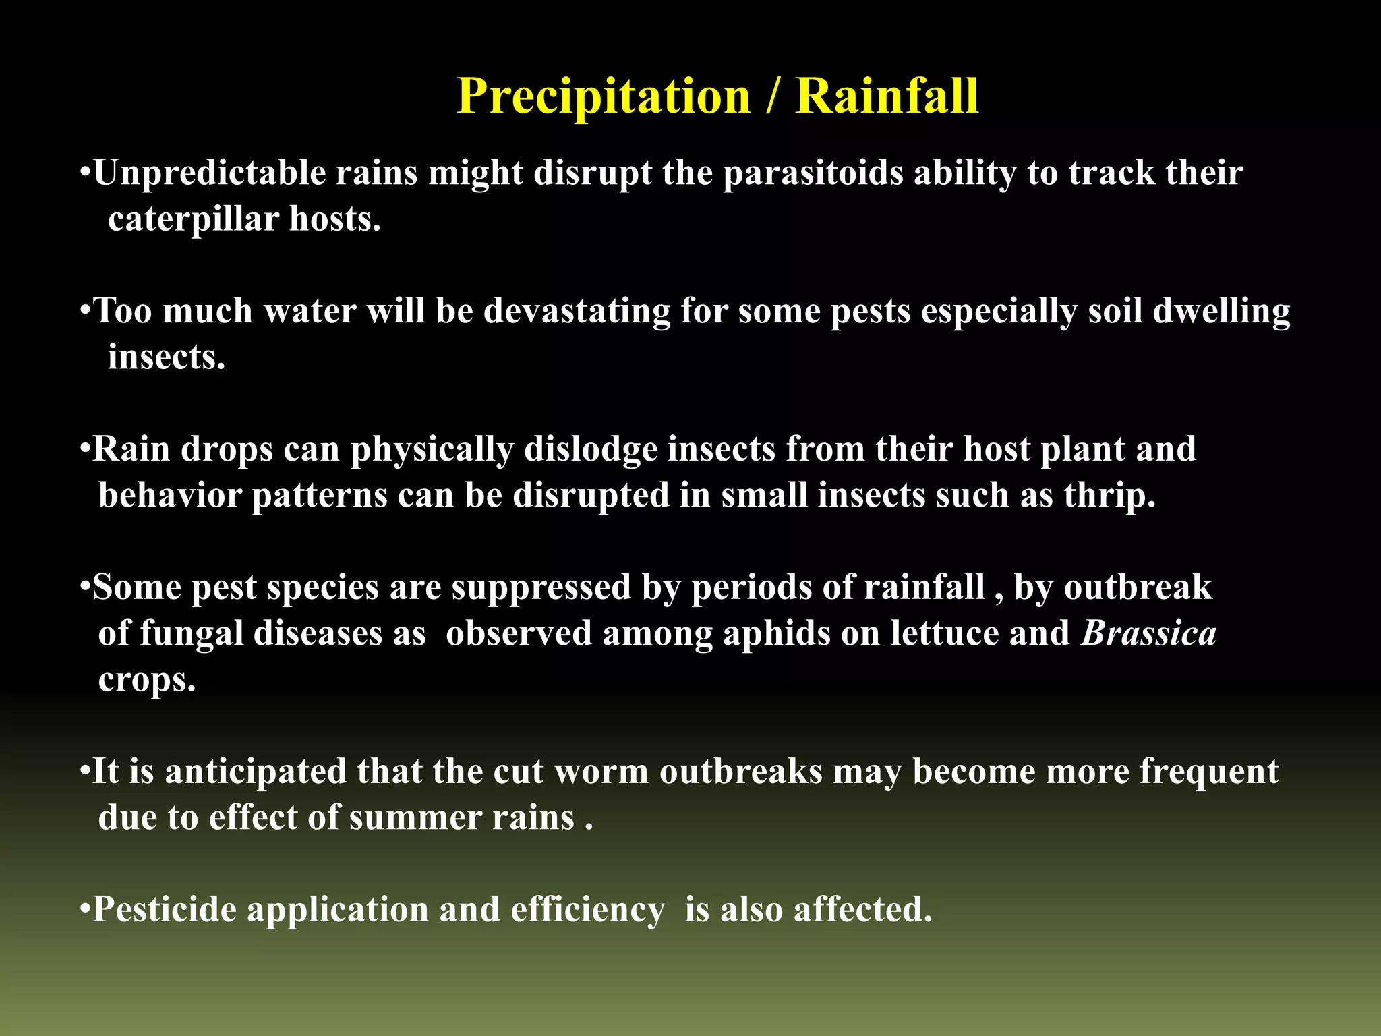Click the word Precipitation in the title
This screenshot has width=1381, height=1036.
tap(604, 96)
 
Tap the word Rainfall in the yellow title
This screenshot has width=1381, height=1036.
tap(886, 96)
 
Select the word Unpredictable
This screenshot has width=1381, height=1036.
tap(210, 173)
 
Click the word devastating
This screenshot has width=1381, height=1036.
tap(577, 312)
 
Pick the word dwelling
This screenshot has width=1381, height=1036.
tap(1221, 312)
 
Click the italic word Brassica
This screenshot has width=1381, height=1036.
tap(1148, 633)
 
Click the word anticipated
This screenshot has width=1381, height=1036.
tap(256, 772)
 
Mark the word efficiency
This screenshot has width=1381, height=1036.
tap(587, 910)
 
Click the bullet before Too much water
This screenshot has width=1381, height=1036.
tap(85, 311)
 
